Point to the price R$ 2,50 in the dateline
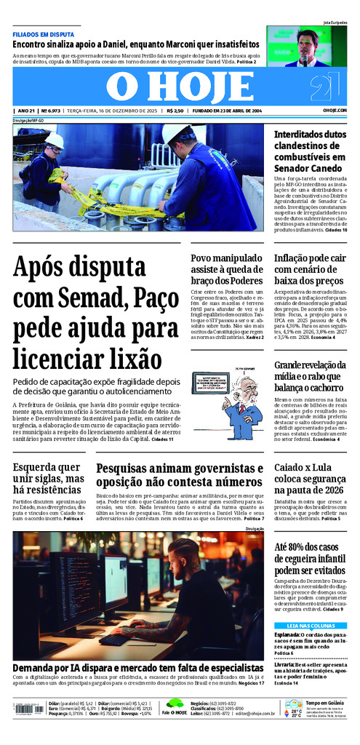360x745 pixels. (175, 111)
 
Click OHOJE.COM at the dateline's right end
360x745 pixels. (335, 111)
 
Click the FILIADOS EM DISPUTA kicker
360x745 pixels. (43, 33)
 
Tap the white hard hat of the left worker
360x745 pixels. (55, 140)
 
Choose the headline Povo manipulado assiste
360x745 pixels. (226, 271)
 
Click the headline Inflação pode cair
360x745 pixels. (309, 271)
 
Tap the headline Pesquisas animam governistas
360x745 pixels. (180, 475)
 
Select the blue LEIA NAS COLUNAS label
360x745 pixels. (310, 626)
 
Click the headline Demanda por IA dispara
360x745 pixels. (137, 667)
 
